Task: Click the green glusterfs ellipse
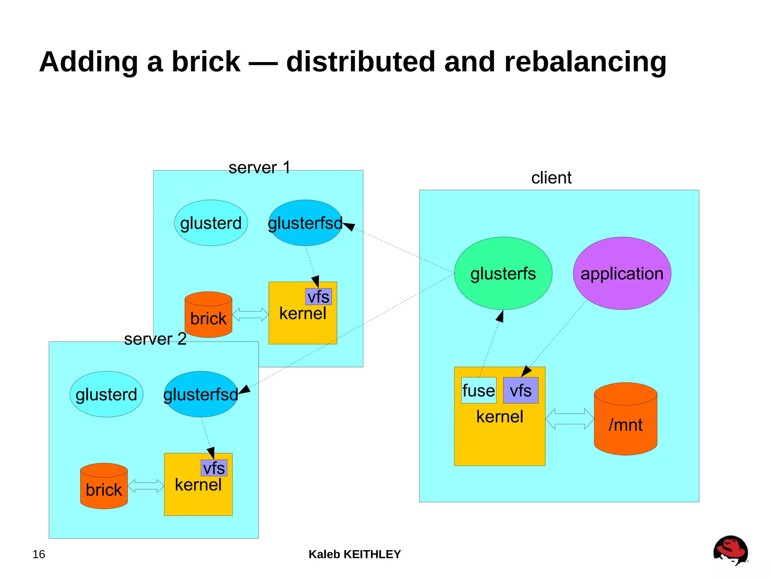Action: pyautogui.click(x=503, y=273)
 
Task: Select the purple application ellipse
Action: pyautogui.click(x=622, y=273)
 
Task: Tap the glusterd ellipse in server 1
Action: pyautogui.click(x=211, y=223)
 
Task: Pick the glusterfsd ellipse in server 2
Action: pyautogui.click(x=201, y=394)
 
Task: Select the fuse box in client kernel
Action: pyautogui.click(x=478, y=390)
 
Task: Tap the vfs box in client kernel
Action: pyautogui.click(x=521, y=390)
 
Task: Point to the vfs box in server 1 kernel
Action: pyautogui.click(x=318, y=297)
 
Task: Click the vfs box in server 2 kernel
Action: pyautogui.click(x=214, y=468)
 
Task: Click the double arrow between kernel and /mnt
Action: pyautogui.click(x=570, y=419)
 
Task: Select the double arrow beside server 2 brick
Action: pyautogui.click(x=146, y=486)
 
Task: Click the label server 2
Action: pyautogui.click(x=155, y=339)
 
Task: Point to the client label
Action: pyautogui.click(x=551, y=178)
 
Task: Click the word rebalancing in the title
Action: pyautogui.click(x=585, y=62)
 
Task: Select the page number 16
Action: pyautogui.click(x=39, y=554)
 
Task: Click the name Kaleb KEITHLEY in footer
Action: pyautogui.click(x=355, y=554)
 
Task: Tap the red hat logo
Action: pyautogui.click(x=730, y=550)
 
